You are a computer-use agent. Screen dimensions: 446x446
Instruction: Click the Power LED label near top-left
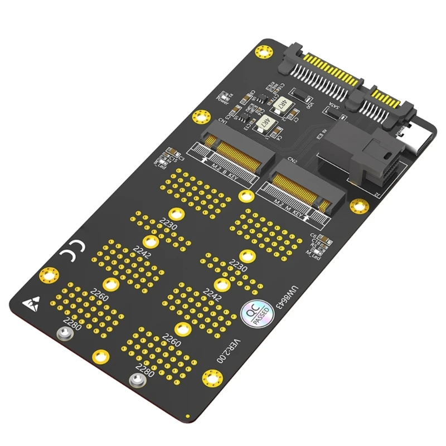pos(222,100)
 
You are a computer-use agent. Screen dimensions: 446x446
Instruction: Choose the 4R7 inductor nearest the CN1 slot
pos(261,123)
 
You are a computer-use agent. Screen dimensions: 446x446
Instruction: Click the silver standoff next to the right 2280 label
pos(135,380)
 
